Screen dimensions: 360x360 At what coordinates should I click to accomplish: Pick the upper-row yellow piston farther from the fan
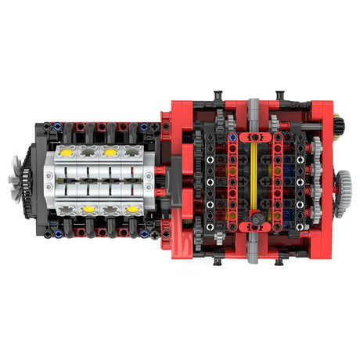(110, 147)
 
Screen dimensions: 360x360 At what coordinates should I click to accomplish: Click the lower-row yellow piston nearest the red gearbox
(133, 209)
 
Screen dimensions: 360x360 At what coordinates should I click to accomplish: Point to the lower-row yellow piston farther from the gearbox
(88, 209)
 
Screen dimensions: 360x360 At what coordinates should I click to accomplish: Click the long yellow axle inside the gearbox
(251, 178)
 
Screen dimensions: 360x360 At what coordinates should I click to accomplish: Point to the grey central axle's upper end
(253, 105)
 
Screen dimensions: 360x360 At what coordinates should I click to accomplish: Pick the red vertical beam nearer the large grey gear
(275, 178)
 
